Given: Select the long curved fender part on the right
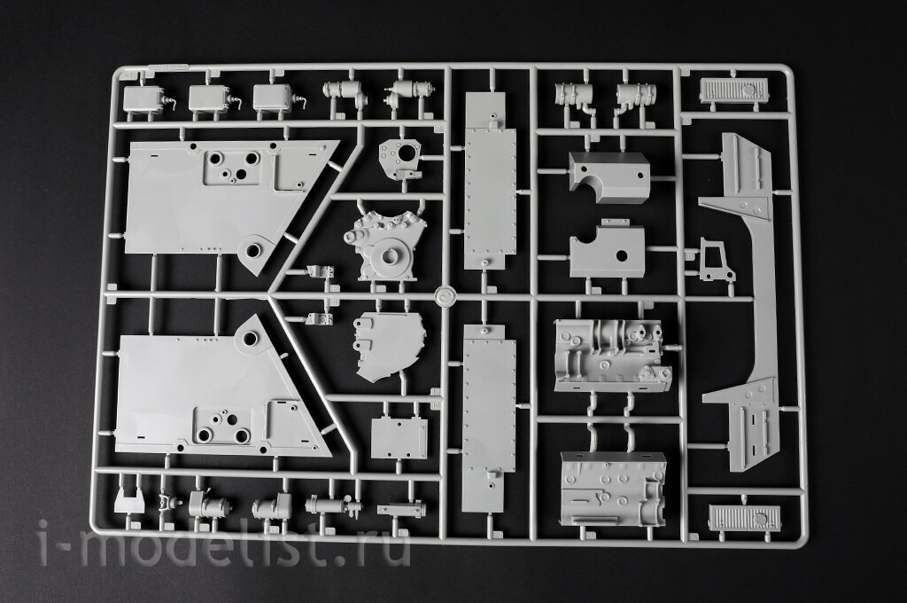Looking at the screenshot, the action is pos(739,301).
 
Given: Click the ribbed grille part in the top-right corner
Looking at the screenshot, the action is pos(734,90).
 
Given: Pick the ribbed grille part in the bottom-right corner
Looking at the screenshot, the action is pos(741,513).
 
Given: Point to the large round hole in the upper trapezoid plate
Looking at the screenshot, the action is pos(252,250).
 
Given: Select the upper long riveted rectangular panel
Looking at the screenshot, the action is pos(490,179).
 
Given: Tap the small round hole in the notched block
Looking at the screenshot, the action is pos(623,255).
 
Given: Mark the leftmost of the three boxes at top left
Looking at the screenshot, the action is pos(143,98).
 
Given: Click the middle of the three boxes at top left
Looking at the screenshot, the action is pos(207,98).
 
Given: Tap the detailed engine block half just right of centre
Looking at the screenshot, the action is pos(612,355).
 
